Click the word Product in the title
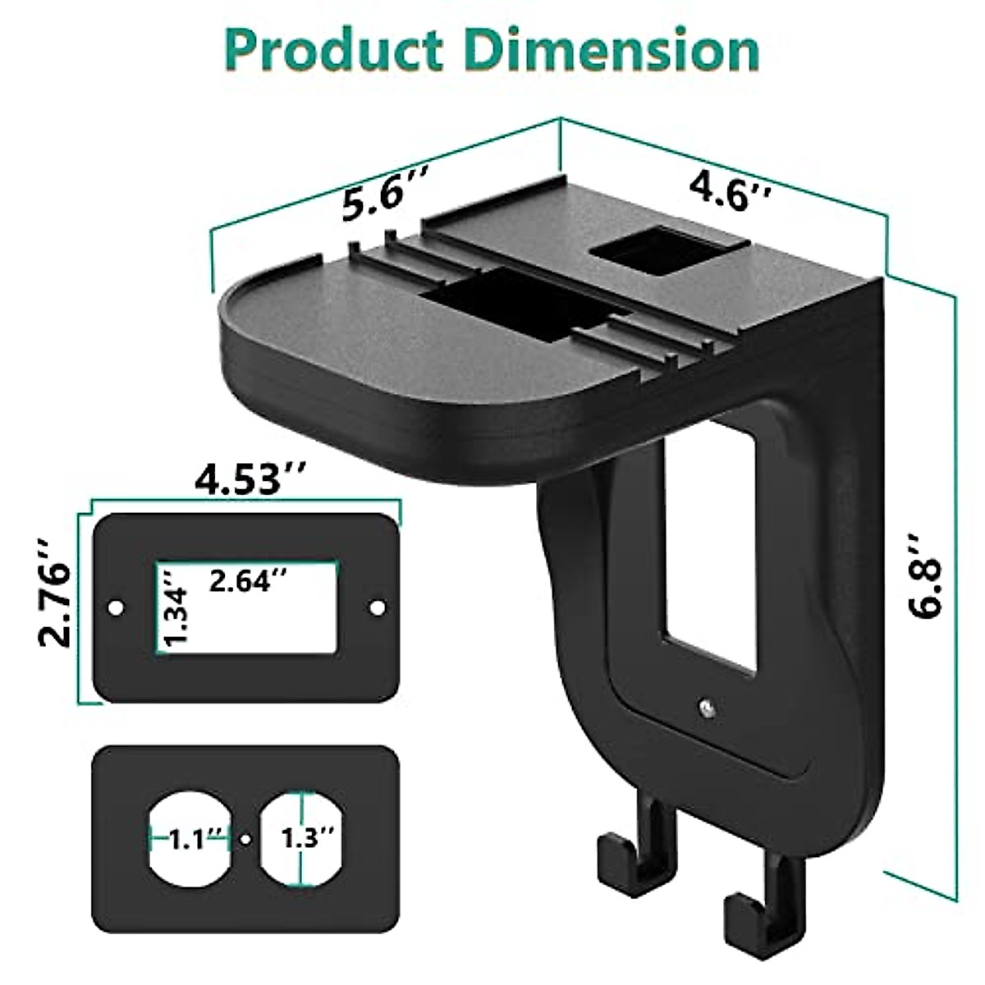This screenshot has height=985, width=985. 332,51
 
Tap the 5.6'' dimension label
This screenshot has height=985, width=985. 384,198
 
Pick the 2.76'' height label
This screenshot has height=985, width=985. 55,593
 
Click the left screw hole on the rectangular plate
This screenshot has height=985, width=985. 116,607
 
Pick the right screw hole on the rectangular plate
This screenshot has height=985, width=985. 378,607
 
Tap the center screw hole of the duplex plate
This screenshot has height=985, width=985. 245,839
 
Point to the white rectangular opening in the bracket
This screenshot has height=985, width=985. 710,591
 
